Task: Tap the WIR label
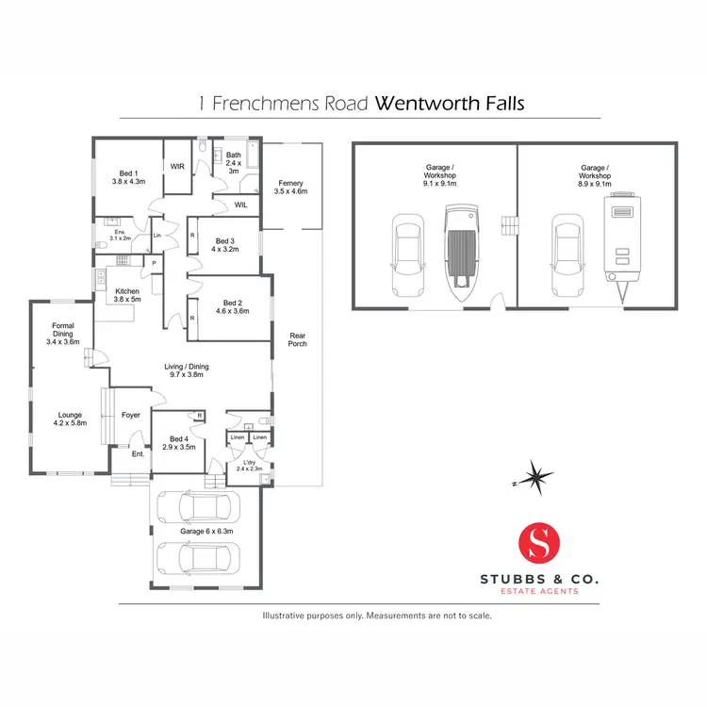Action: coord(176,166)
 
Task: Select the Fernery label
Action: coord(290,187)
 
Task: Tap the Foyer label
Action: coord(131,415)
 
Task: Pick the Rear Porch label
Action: coord(298,339)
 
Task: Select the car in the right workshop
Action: coord(566,250)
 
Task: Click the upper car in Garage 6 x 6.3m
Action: coord(199,509)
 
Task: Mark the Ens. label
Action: coord(119,235)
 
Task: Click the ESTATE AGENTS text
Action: coord(539,591)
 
